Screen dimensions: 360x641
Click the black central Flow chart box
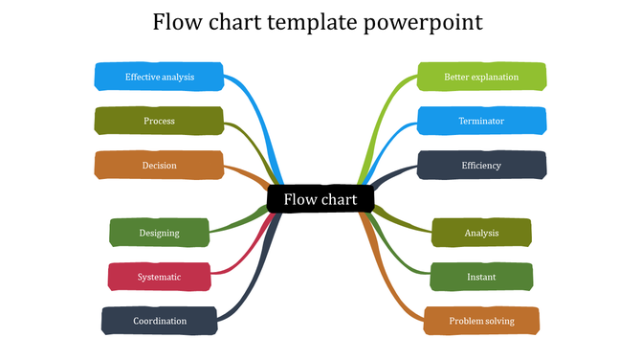(320, 199)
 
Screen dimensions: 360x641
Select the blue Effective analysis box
(159, 77)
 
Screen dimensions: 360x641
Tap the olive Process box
(159, 121)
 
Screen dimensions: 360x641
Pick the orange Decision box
(159, 165)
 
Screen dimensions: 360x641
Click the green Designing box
(159, 233)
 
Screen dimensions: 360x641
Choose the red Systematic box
(159, 277)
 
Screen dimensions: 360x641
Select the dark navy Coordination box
(159, 321)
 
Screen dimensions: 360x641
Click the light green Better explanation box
(481, 77)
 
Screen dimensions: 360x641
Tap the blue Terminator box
(481, 121)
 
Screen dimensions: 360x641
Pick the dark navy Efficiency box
(481, 165)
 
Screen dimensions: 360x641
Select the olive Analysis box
(481, 233)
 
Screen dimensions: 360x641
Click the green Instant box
(481, 277)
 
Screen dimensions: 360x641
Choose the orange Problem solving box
(481, 321)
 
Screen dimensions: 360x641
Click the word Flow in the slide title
(176, 21)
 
